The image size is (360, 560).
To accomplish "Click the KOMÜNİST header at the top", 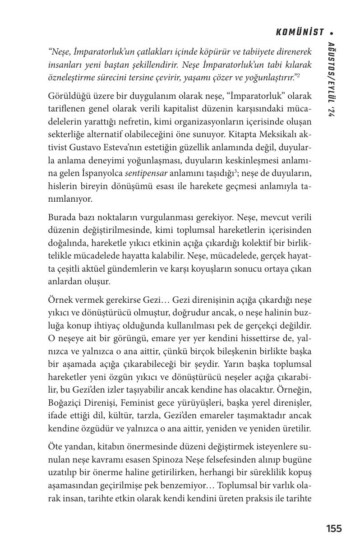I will tap(300, 32).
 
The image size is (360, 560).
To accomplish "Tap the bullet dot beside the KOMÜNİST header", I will tap(332, 32).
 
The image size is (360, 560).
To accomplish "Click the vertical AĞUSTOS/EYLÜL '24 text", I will tap(331, 79).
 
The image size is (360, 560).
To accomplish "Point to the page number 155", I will tap(334, 528).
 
